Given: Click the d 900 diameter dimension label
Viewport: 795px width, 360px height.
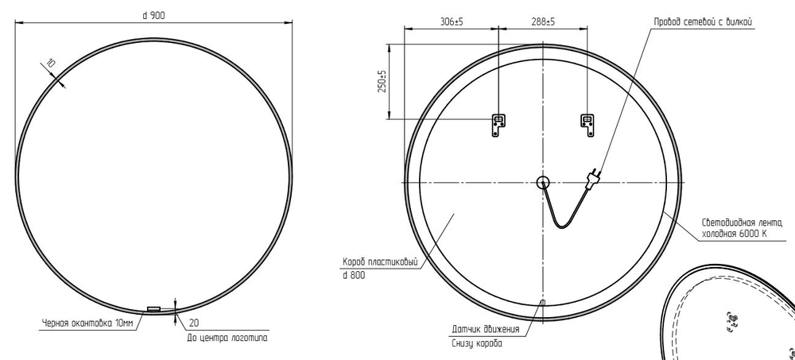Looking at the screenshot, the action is [x=153, y=16].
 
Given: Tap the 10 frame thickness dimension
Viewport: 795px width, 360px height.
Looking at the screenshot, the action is [x=51, y=64].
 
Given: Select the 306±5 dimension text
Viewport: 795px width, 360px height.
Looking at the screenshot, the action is [x=452, y=21].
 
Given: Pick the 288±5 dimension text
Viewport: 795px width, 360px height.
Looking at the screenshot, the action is [x=543, y=21].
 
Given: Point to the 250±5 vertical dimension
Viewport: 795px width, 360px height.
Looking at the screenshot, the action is [x=383, y=81].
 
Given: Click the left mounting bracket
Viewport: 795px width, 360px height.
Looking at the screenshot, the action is [x=498, y=126].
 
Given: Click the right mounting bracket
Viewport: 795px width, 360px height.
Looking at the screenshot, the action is [x=588, y=126].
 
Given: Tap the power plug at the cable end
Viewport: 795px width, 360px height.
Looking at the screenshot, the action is [x=593, y=178].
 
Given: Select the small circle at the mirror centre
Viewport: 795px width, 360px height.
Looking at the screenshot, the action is [x=542, y=182].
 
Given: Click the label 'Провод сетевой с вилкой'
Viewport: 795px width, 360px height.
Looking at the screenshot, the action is [x=703, y=21].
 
